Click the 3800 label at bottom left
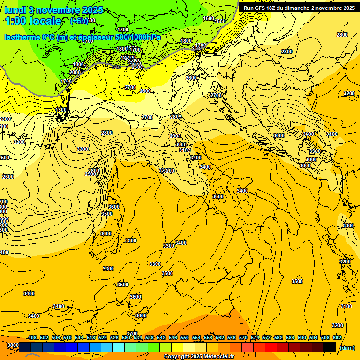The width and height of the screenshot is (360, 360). click(13, 345)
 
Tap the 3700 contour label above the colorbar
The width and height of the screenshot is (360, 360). click(132, 334)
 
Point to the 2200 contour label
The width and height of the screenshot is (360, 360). click(19, 142)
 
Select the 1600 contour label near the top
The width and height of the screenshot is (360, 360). click(209, 18)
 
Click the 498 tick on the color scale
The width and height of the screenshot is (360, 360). click(32, 337)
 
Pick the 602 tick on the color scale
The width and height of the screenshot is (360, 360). click(337, 337)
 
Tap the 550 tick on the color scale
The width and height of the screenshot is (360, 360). click(185, 337)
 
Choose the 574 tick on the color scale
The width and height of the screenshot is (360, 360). click(255, 337)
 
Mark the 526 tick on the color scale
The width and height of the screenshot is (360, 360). click(114, 337)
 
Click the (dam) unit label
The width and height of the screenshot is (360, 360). click(347, 347)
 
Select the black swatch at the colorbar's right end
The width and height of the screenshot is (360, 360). click(330, 347)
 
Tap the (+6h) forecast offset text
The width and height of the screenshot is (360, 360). click(79, 21)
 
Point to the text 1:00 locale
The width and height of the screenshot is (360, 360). click(33, 21)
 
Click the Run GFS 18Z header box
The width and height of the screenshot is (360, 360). click(299, 8)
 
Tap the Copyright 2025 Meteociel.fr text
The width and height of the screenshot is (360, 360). click(199, 357)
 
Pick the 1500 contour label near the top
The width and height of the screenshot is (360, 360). click(220, 21)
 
